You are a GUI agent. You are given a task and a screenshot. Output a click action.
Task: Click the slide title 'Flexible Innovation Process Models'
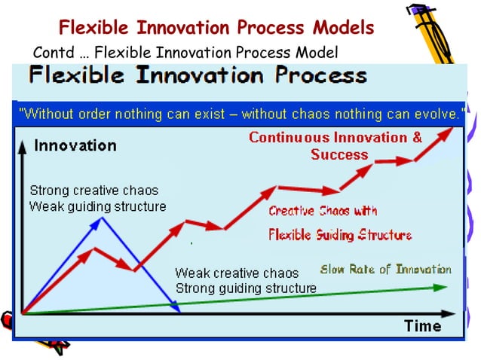pos(216,29)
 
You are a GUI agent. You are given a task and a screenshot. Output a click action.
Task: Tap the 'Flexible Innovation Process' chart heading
pos(198,76)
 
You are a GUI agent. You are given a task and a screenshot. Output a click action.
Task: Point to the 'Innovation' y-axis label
pos(75,145)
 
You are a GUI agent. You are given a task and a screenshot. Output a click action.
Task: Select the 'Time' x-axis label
pos(422,325)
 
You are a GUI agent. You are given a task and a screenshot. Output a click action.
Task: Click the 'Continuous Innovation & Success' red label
pos(335,146)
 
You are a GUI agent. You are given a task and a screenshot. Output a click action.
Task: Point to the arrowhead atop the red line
pos(450,130)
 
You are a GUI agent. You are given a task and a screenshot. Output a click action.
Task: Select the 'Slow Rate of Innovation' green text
pos(386,269)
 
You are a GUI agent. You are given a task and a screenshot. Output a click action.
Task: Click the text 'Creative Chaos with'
pos(323,211)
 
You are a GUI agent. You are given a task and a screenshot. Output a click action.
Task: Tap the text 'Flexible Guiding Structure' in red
pos(340,235)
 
